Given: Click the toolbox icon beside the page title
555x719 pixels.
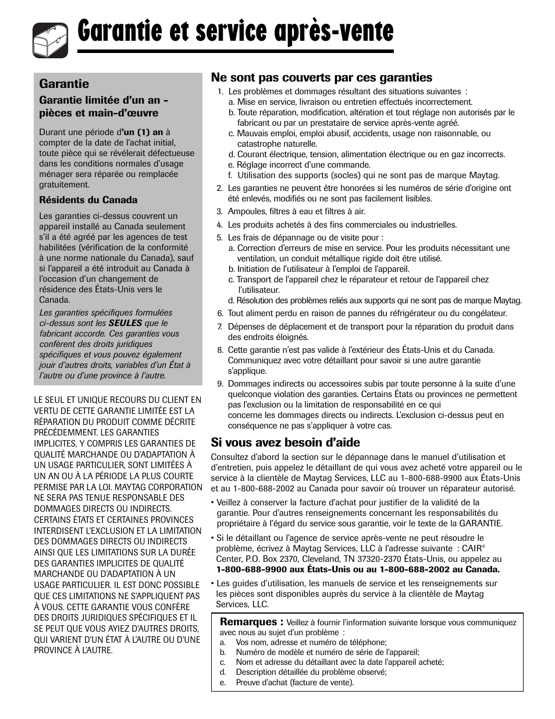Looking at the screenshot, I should coord(51,40).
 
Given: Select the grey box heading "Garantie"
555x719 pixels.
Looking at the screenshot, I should coord(64,84).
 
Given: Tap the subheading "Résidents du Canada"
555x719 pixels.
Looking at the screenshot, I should coord(88,200).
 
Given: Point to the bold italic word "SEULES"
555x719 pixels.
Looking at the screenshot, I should coord(125,323).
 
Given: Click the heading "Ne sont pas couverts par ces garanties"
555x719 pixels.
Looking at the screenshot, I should coord(322,77).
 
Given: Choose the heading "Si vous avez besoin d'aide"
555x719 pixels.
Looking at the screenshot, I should coord(285,442).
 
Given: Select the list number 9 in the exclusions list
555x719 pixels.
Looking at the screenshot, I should coord(220,384).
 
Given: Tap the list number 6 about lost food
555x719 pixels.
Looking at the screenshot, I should coord(220,313).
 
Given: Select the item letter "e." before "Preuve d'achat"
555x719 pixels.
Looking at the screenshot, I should coord(223,682).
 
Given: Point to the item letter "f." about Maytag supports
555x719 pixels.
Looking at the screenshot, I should coord(230,175).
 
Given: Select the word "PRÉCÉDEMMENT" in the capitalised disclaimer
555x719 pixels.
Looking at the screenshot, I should coord(64,433).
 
